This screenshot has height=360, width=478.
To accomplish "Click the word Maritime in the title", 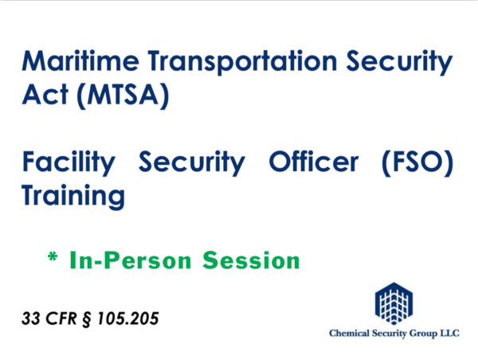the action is [80, 61].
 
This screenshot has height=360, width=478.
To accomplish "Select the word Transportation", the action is [243, 62].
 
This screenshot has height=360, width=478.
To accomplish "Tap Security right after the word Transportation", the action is [399, 62].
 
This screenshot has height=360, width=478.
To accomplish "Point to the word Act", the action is [45, 94].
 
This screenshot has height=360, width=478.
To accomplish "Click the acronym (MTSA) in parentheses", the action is [123, 96].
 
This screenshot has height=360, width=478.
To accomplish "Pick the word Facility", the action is [69, 163].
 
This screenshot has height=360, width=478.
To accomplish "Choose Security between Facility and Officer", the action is [192, 163].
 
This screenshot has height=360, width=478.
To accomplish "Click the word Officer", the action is [314, 162].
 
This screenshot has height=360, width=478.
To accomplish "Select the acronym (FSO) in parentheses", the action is [417, 163].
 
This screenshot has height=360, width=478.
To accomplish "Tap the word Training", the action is [73, 197].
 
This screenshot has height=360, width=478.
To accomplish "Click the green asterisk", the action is [53, 257].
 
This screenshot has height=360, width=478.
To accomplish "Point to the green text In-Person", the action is [131, 260].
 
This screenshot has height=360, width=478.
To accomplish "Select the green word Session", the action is [251, 260].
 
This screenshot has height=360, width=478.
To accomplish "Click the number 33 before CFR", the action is [31, 319].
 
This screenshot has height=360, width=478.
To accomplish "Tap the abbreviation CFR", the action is [61, 319].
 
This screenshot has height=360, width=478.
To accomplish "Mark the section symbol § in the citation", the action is [87, 319].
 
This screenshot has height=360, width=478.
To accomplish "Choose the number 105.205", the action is [127, 319].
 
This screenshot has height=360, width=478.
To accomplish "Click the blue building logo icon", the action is [394, 303].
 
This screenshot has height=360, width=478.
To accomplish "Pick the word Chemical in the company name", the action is [349, 333].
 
